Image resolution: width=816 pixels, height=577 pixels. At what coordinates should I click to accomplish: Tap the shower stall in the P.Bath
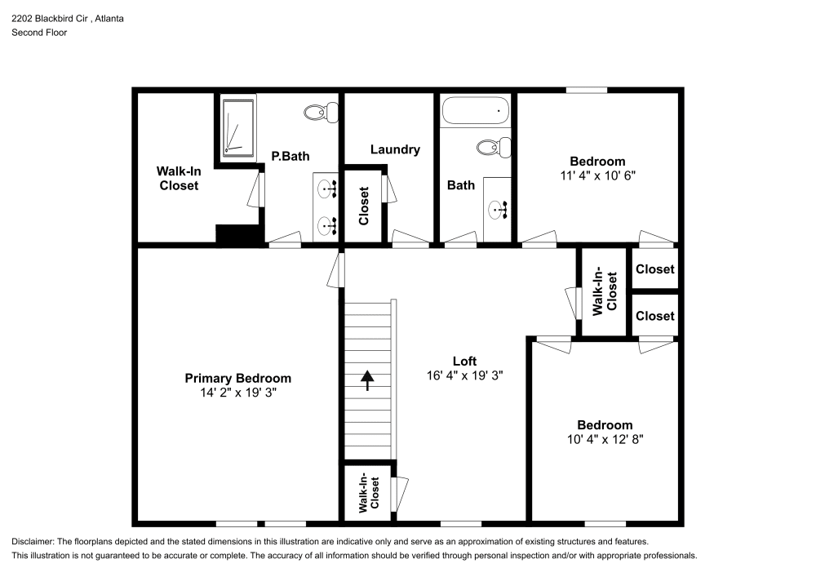point(238,127)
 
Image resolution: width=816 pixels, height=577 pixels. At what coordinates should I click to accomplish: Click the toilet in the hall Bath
point(494,148)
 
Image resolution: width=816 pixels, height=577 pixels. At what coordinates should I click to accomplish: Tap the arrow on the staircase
point(367,379)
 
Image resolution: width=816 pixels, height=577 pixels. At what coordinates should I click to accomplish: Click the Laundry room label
point(395,149)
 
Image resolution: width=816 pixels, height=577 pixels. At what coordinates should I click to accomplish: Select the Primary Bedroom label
point(237,378)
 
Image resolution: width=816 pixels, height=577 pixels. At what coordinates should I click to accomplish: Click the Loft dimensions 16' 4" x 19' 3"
point(463,375)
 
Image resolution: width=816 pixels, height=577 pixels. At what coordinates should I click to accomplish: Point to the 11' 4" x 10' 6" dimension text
point(597,175)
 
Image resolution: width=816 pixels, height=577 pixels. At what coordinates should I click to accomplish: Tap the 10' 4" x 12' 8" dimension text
point(605,439)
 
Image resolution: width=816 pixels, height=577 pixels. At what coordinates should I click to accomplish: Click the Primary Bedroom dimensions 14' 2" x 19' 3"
point(237,393)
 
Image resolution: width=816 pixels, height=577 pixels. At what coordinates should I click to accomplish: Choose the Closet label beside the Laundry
point(364,206)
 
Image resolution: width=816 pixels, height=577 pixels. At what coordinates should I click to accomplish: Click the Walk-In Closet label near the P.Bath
point(178,178)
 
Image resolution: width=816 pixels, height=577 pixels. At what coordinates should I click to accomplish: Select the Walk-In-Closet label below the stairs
point(370,492)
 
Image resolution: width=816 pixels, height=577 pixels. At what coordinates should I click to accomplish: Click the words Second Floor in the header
point(39,33)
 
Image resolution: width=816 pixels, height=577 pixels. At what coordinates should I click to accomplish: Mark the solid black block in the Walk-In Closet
point(237,234)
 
